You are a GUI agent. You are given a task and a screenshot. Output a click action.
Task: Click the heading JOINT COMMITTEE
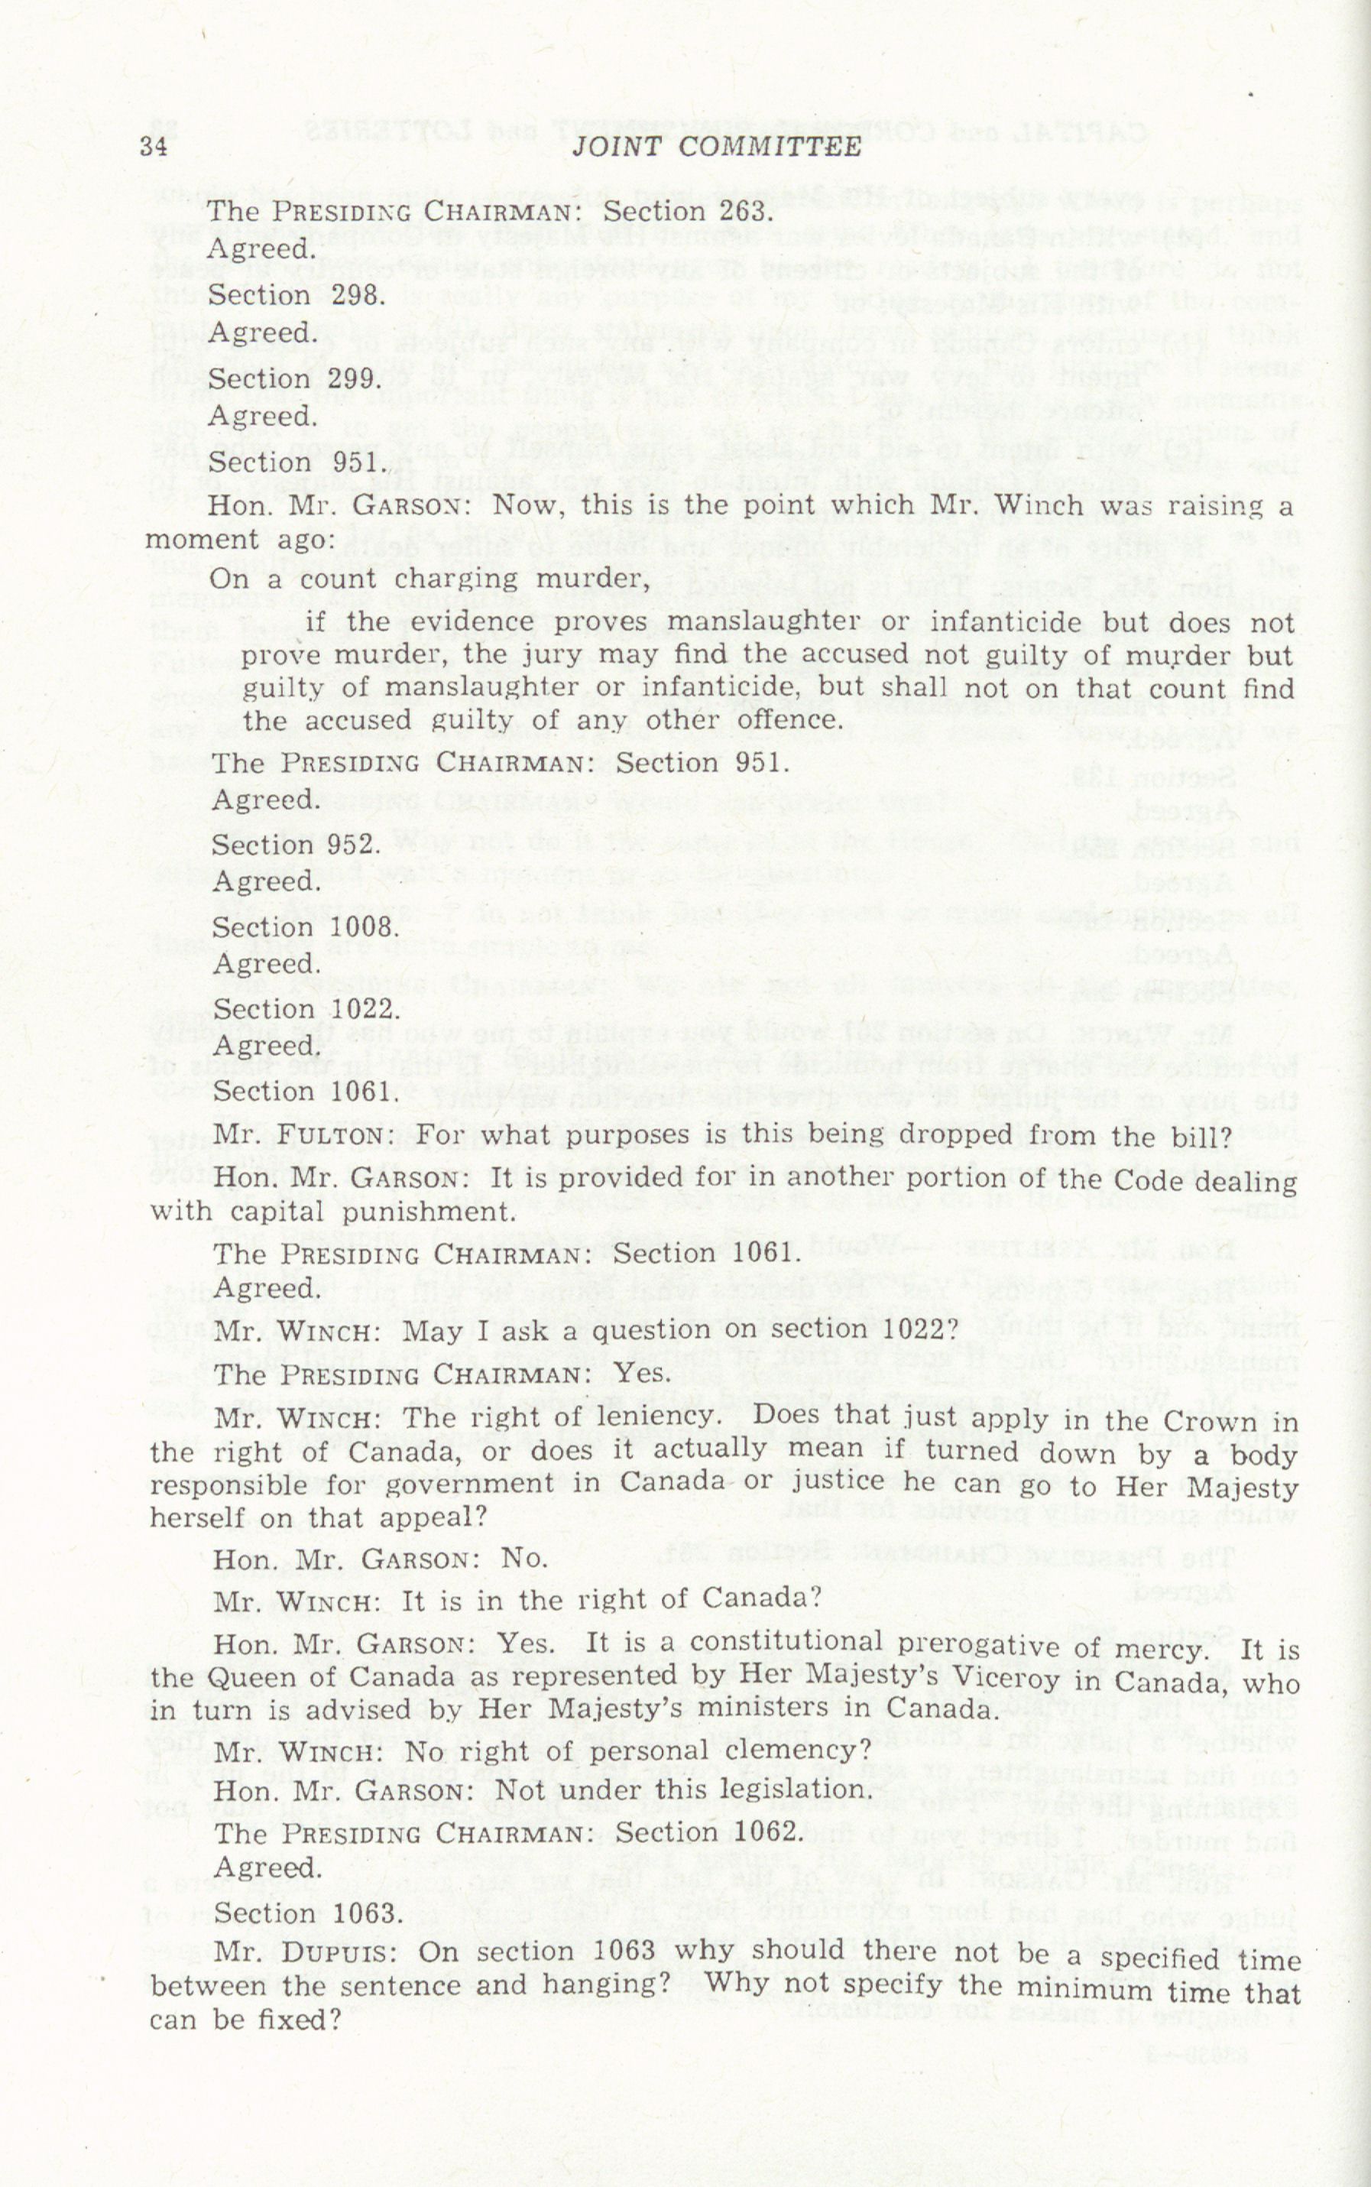(x=716, y=146)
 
